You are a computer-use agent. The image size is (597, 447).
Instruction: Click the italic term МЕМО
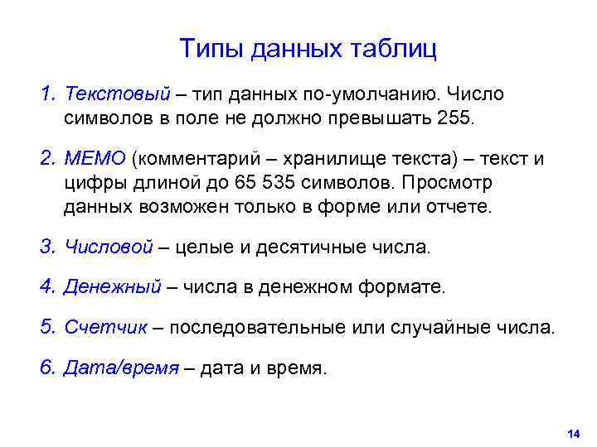pyautogui.click(x=95, y=159)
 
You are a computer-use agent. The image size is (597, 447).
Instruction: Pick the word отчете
pyautogui.click(x=460, y=205)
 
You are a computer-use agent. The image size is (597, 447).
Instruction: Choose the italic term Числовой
pyautogui.click(x=109, y=247)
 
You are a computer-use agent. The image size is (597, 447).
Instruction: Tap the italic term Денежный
pyautogui.click(x=112, y=287)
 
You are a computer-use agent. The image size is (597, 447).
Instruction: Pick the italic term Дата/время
pyautogui.click(x=121, y=368)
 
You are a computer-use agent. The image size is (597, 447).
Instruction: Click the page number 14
pyautogui.click(x=571, y=434)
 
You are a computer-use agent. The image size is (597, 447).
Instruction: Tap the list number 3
pyautogui.click(x=45, y=247)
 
